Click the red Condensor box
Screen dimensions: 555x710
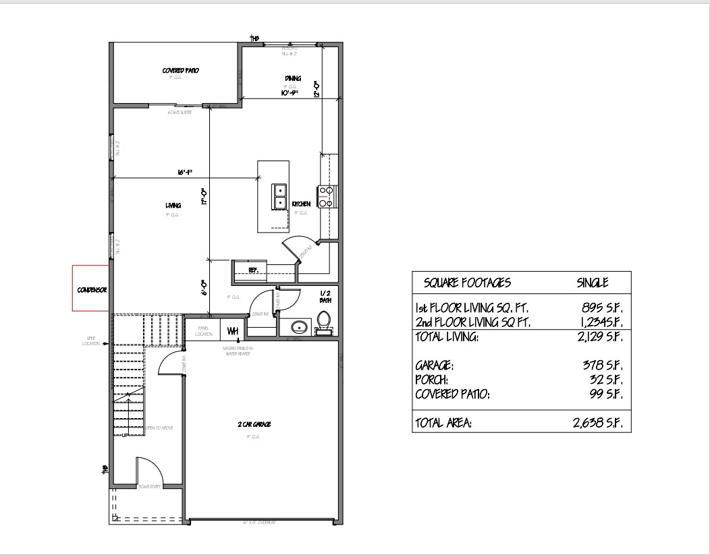click(x=90, y=289)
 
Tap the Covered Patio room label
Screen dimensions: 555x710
click(x=180, y=70)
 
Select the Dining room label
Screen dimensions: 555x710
click(x=292, y=78)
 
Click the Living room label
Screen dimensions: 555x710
click(x=173, y=205)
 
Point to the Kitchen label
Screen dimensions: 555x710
click(x=301, y=204)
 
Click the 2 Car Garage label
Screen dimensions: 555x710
click(x=254, y=424)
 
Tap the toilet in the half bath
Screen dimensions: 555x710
click(x=324, y=322)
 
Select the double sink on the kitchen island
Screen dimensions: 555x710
click(x=279, y=196)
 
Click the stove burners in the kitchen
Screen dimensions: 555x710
click(x=326, y=196)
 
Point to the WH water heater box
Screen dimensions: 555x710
click(x=232, y=330)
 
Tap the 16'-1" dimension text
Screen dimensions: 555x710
click(x=186, y=173)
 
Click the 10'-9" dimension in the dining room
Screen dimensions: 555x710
click(x=291, y=93)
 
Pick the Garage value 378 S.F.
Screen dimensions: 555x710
click(x=601, y=365)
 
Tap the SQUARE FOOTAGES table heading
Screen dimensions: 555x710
click(x=467, y=283)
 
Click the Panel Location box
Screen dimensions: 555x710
click(x=203, y=330)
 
